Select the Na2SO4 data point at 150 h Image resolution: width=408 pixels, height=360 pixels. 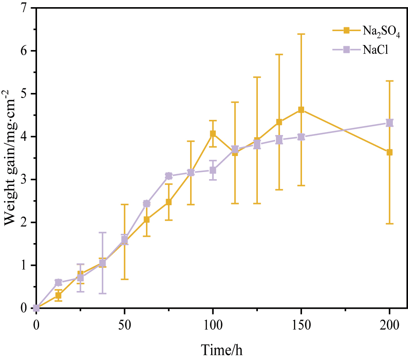click(301, 110)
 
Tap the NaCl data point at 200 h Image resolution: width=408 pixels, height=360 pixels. click(389, 123)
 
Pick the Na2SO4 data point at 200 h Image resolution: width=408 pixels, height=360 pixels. click(389, 152)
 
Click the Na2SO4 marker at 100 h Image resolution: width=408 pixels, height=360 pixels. click(213, 134)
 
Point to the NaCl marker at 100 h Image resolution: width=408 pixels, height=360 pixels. click(213, 170)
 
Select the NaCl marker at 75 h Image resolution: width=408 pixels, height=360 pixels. click(169, 176)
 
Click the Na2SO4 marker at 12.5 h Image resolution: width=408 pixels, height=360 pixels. click(58, 296)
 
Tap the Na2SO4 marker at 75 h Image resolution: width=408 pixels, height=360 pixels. click(169, 202)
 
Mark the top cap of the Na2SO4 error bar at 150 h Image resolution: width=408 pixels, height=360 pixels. click(301, 34)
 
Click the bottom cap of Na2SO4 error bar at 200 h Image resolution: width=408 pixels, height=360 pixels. click(389, 224)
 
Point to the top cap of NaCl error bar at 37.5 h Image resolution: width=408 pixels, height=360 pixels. click(103, 232)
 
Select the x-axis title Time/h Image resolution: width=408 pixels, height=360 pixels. click(222, 349)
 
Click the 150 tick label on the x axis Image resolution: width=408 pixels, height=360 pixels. click(301, 325)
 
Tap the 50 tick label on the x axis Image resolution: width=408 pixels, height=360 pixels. click(125, 325)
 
